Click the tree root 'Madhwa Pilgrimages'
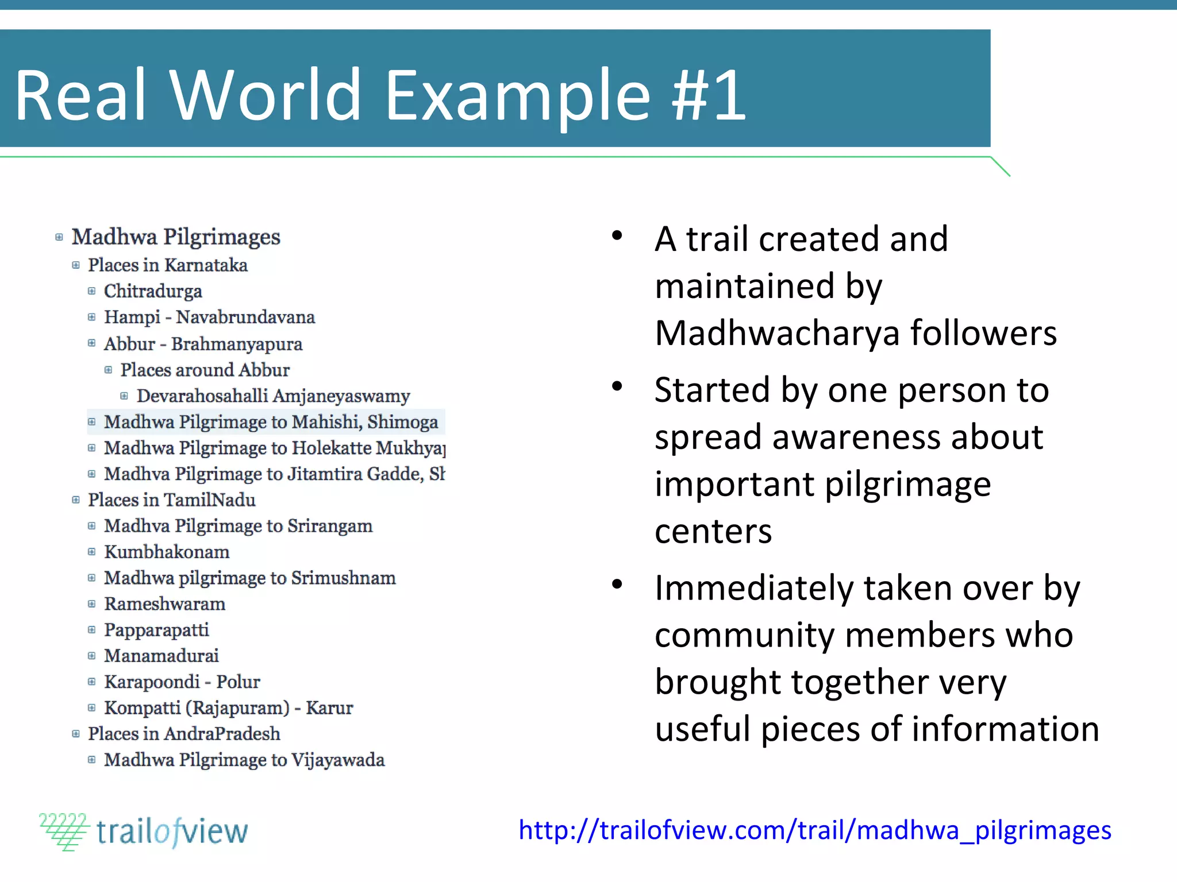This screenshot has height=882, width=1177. [176, 237]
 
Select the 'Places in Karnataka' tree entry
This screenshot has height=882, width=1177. [167, 265]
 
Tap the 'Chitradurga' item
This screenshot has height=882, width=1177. [153, 291]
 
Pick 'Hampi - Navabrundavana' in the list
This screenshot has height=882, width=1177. [209, 317]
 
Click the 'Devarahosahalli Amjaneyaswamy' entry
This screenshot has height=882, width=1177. [273, 396]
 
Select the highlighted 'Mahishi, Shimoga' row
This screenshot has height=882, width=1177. [271, 422]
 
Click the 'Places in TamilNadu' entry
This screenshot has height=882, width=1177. [171, 500]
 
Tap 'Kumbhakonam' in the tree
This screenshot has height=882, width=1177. [167, 552]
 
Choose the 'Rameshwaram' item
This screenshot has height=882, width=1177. [164, 604]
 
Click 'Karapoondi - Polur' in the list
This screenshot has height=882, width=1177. [182, 682]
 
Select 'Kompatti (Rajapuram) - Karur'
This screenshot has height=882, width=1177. [228, 707]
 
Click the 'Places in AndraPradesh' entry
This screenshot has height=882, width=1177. [184, 733]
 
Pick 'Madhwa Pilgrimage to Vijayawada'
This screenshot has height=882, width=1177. [244, 760]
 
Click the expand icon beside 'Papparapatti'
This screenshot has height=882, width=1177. [91, 630]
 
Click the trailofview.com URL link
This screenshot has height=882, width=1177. [814, 830]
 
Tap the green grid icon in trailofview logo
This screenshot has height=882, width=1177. [63, 831]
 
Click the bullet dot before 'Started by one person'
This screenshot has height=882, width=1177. [617, 386]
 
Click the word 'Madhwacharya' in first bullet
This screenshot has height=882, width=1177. [777, 333]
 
